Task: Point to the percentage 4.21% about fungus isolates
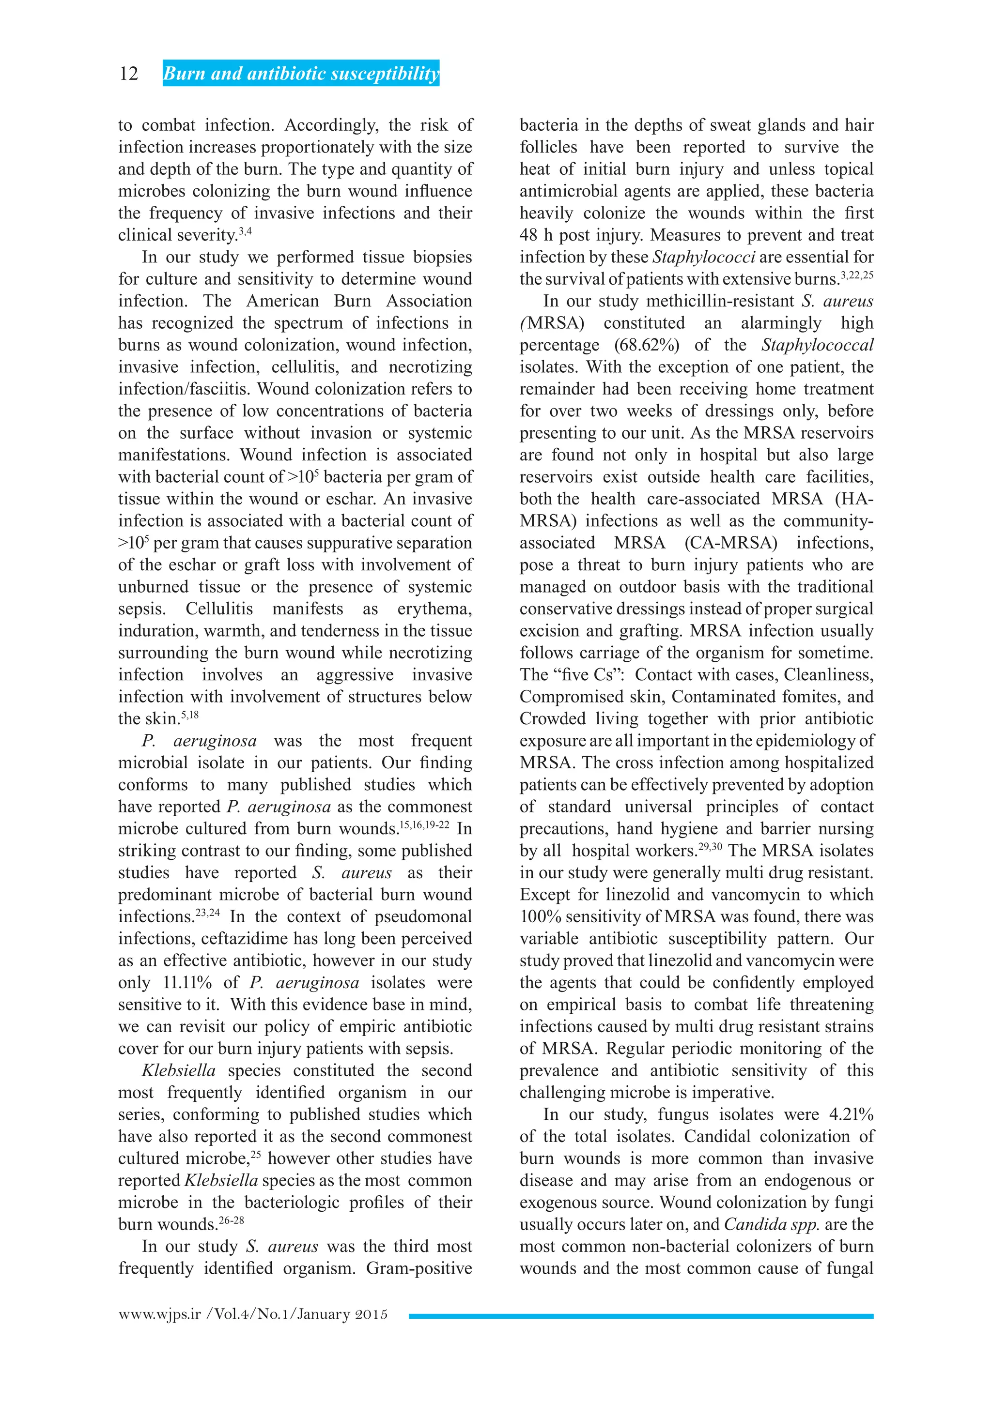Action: point(851,1114)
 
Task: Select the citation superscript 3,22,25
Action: point(857,275)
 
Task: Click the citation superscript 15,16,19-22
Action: point(424,825)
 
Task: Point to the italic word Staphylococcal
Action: point(817,345)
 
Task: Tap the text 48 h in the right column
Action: point(536,235)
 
